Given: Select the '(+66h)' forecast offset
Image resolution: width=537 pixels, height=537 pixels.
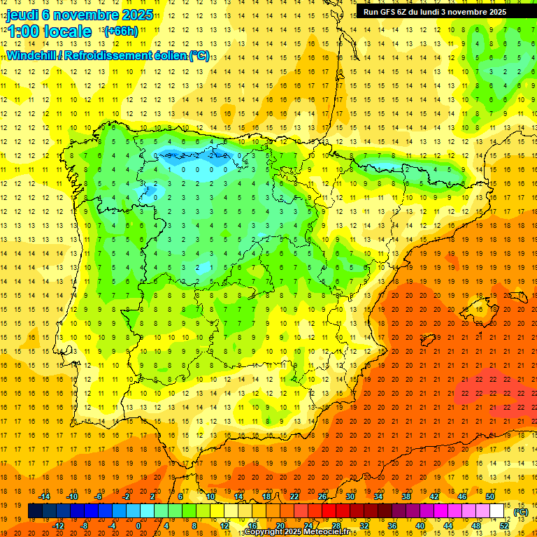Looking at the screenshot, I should (121, 31).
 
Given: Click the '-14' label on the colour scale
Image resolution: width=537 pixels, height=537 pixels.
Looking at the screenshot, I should (45, 497).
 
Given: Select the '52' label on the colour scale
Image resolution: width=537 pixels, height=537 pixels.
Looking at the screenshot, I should (504, 525).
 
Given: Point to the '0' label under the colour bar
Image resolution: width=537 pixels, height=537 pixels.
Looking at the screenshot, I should (138, 525).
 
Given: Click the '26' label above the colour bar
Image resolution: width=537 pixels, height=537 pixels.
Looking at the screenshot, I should (322, 497).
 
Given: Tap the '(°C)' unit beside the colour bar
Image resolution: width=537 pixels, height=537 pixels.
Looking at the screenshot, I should (521, 512).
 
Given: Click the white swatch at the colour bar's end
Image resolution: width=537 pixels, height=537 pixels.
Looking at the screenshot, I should (497, 511).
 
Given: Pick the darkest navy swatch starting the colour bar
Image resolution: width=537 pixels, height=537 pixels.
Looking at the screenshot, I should (35, 511).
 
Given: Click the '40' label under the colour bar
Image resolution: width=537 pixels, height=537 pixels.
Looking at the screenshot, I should (420, 525).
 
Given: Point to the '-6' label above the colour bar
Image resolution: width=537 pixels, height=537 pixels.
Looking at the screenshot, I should (99, 497).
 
